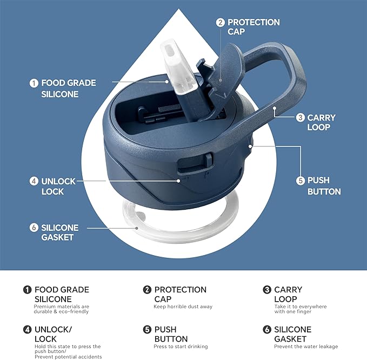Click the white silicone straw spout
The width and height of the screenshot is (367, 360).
179,68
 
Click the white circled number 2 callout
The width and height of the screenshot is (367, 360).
220,23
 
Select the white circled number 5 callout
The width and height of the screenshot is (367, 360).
301,181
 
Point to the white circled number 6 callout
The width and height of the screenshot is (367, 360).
34,228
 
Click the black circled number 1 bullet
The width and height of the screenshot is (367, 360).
28,290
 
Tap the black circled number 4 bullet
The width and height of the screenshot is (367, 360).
28,330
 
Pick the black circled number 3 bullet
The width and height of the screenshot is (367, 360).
267,290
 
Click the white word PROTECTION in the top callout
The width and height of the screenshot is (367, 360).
253,23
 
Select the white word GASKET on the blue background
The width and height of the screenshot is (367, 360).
58,237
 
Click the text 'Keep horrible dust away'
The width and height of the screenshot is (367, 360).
183,306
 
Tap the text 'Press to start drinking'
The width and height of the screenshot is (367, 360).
181,346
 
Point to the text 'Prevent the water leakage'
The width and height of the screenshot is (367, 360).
306,346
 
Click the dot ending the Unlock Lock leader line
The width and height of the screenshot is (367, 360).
178,181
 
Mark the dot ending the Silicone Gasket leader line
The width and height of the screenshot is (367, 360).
137,228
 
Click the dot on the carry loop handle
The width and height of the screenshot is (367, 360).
275,108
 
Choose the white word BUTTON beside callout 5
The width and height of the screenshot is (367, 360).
324,191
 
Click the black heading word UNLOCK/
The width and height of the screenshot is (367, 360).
53,330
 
